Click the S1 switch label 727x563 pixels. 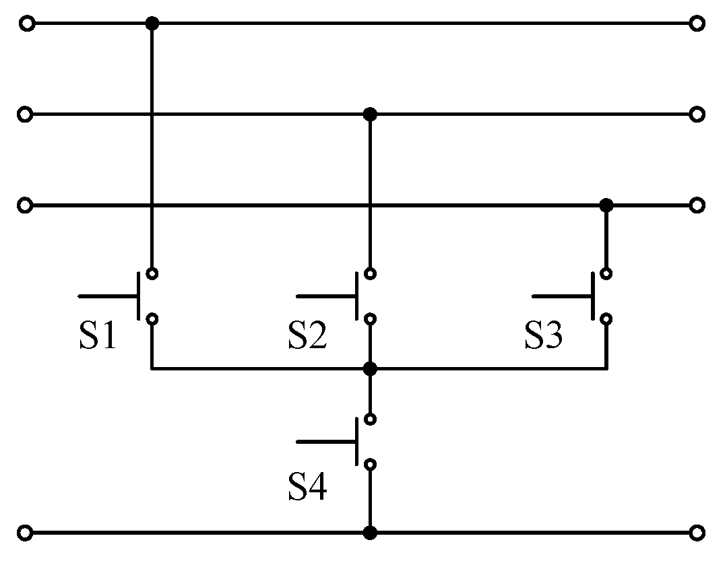point(98,336)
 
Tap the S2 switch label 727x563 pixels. point(308,336)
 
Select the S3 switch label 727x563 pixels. point(544,336)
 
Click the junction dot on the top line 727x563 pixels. point(152,24)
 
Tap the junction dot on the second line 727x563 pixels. point(369,114)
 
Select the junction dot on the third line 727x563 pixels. point(606,205)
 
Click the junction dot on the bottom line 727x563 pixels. point(369,533)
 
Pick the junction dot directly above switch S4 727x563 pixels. point(369,368)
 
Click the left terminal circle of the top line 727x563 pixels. point(27,24)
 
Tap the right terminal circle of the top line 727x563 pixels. point(697,24)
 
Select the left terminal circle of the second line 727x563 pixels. point(25,114)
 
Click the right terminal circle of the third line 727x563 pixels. point(697,205)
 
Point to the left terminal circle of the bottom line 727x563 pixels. point(25,533)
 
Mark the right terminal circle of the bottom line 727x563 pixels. point(697,533)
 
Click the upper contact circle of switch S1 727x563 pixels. point(152,273)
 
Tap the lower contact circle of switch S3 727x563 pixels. point(606,319)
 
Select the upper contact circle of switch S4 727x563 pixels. point(369,419)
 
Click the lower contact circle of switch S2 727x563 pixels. point(369,319)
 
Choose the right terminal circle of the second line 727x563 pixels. point(697,114)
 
